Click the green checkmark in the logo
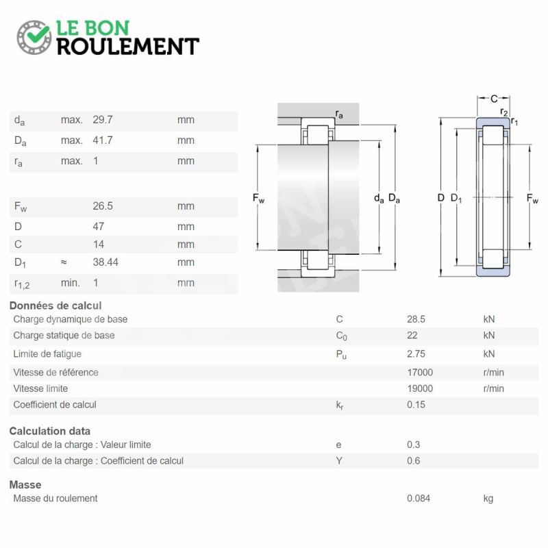tap(34, 35)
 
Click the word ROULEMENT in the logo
tap(128, 46)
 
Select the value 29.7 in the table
tap(103, 120)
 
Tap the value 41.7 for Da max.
tap(103, 140)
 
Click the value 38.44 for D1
tap(105, 262)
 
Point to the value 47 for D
tap(99, 226)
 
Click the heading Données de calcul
tap(55, 306)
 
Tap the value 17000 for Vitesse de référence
tap(420, 373)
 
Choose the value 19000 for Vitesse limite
tap(420, 388)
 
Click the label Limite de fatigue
tap(47, 354)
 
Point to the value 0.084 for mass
tap(419, 499)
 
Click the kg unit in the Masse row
tap(488, 499)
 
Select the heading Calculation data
tap(49, 432)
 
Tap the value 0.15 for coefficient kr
tap(416, 405)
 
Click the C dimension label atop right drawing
tap(493, 99)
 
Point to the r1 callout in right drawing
tap(514, 122)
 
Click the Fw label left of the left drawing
tap(258, 199)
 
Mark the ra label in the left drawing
tap(339, 114)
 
